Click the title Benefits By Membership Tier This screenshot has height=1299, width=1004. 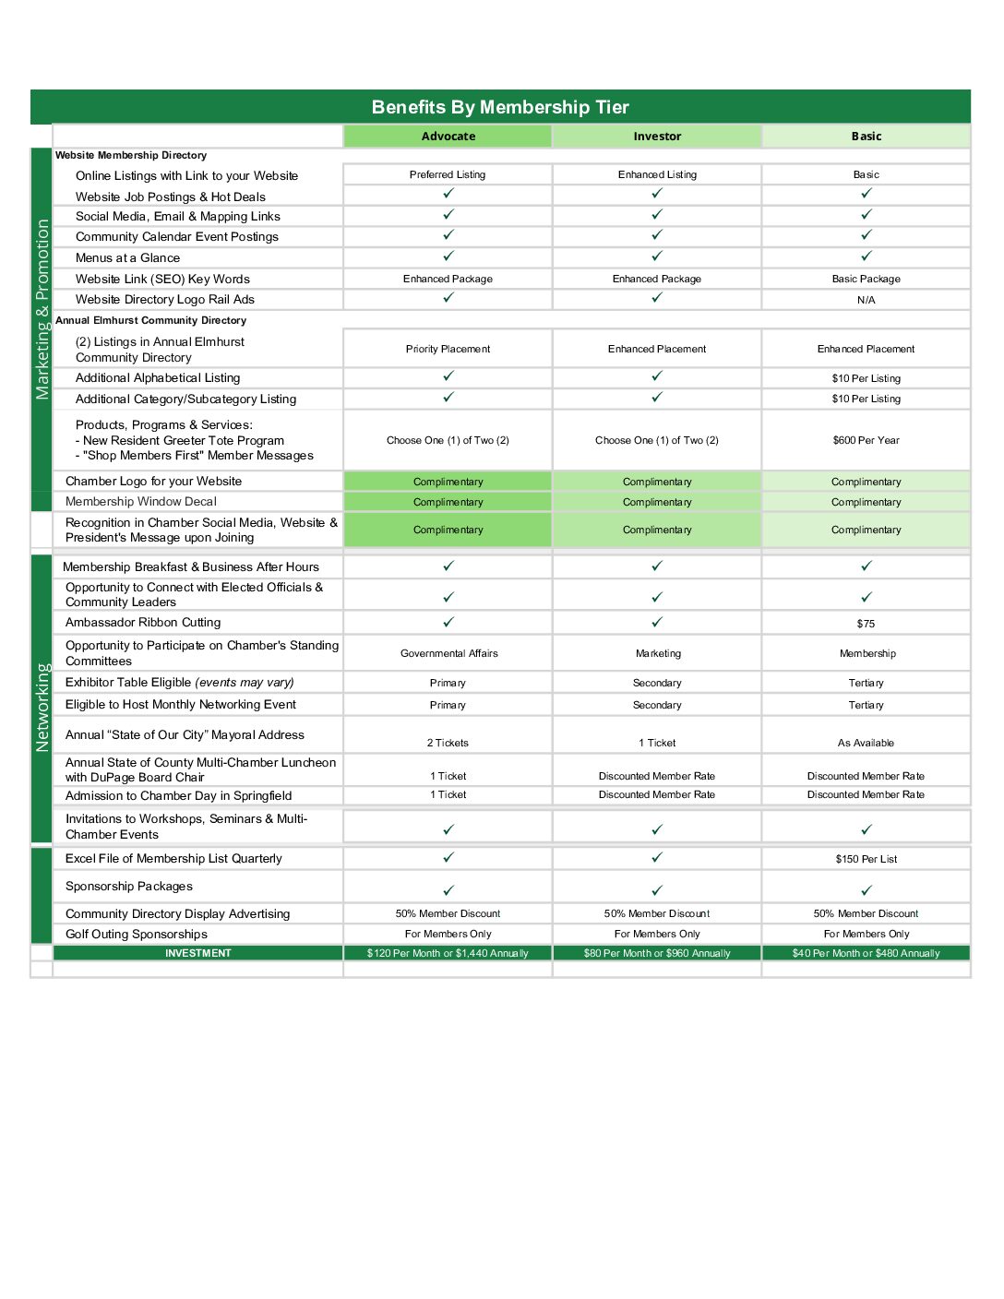(x=500, y=107)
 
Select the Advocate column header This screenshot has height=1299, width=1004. (x=448, y=137)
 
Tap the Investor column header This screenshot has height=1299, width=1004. (x=657, y=137)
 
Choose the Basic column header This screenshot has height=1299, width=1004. (x=867, y=137)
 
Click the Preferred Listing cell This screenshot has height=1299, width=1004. (x=448, y=174)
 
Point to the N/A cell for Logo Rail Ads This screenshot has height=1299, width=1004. (x=866, y=300)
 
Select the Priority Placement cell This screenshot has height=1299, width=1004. (x=448, y=349)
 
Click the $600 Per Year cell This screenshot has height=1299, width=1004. (x=866, y=440)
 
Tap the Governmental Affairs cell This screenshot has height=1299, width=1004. (x=449, y=653)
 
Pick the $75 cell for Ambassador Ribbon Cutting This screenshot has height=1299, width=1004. (x=866, y=624)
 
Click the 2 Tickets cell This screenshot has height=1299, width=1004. (x=448, y=743)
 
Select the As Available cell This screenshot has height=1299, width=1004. (x=866, y=743)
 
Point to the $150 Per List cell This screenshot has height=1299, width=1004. (x=866, y=859)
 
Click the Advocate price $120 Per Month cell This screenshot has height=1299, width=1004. (x=448, y=953)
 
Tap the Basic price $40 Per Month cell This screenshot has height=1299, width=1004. (x=866, y=953)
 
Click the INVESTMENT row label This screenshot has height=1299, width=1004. (x=198, y=953)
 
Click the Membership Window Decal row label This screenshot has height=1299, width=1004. (x=141, y=501)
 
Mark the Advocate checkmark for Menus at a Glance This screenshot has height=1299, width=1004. (x=448, y=256)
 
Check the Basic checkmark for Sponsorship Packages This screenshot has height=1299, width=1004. (x=867, y=890)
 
